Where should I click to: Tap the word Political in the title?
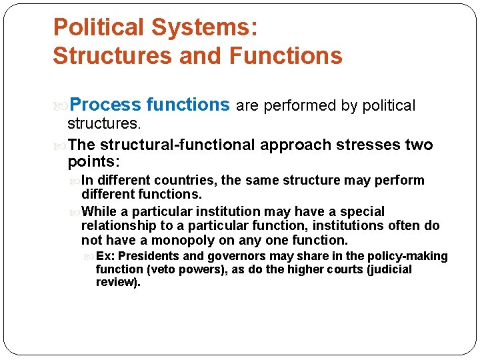click(x=99, y=27)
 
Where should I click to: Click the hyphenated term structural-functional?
click(x=178, y=145)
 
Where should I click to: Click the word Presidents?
click(x=149, y=257)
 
